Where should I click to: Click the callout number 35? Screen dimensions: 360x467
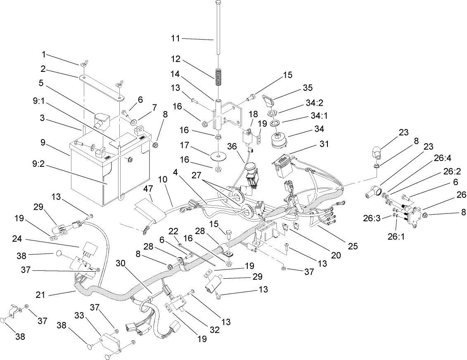tap(307, 88)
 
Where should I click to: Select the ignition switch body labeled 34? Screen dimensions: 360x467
tap(279, 140)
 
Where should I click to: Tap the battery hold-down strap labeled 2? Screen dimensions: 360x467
tap(101, 86)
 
